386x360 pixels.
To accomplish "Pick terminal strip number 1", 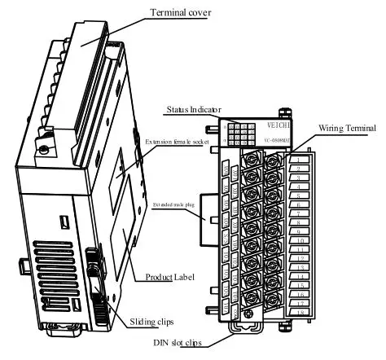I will pos(301,159).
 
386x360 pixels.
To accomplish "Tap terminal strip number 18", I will pos(301,314).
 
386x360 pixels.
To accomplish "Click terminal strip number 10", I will pos(301,241).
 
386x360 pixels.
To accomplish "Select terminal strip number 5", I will pos(301,195).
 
